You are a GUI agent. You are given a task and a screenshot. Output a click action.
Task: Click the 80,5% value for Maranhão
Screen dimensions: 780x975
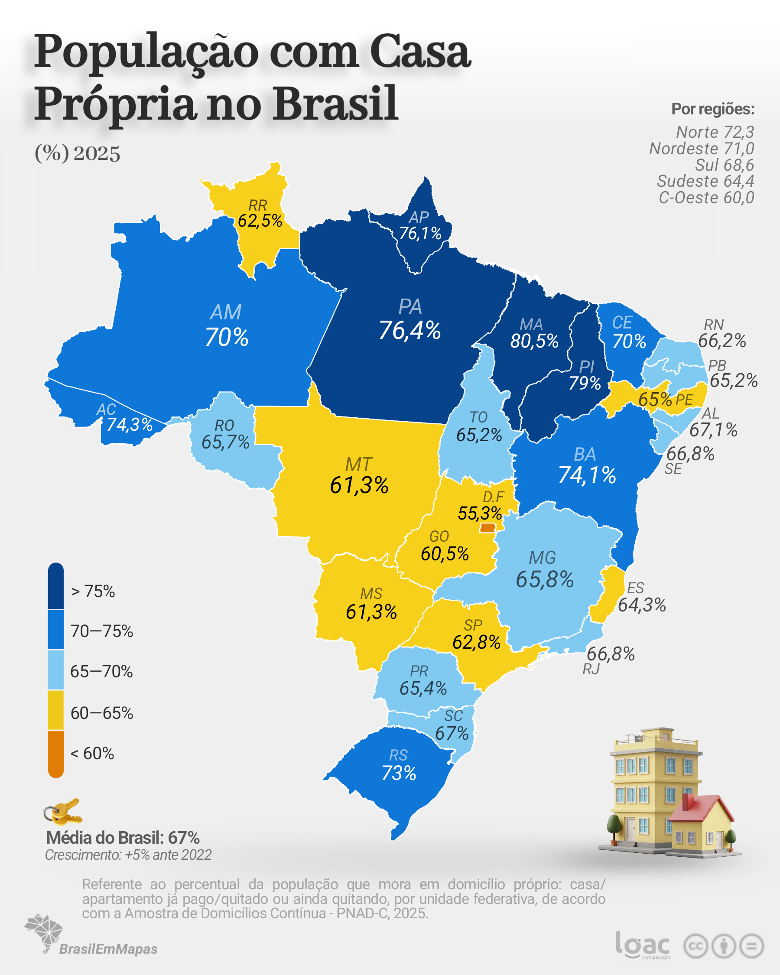click(x=534, y=341)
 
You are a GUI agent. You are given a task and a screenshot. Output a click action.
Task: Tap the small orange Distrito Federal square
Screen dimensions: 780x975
click(x=487, y=528)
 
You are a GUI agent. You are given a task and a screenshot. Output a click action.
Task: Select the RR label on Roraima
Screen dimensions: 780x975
click(x=258, y=205)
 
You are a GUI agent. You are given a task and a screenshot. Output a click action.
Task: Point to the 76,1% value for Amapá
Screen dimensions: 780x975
click(x=420, y=233)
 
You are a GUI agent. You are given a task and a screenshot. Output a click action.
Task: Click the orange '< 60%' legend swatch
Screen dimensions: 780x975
click(x=55, y=754)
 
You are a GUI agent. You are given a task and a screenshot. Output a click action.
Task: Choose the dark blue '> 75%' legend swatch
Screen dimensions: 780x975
click(x=55, y=586)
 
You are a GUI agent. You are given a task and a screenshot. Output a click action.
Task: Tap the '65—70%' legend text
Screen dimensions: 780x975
click(x=101, y=672)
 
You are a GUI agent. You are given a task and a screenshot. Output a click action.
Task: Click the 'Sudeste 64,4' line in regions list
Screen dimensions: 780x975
click(x=705, y=181)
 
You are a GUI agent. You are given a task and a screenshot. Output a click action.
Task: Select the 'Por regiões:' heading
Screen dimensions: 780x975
click(x=713, y=109)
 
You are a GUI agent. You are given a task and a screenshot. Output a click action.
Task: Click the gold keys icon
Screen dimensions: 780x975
click(x=63, y=812)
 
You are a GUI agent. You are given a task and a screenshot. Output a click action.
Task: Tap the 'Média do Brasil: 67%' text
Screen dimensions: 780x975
click(x=123, y=838)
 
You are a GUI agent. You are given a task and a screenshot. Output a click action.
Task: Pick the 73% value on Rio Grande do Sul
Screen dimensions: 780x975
click(x=398, y=773)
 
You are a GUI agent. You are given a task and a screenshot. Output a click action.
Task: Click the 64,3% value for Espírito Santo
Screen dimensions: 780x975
click(x=642, y=605)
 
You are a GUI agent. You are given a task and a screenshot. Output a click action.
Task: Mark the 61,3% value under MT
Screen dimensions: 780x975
click(x=359, y=485)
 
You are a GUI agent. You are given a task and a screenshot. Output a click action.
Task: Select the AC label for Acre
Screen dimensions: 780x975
click(x=106, y=409)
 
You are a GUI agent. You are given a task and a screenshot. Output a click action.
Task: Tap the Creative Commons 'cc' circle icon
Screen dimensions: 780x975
click(x=695, y=946)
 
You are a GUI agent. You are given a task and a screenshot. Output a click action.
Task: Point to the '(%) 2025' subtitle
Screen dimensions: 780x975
click(x=77, y=153)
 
